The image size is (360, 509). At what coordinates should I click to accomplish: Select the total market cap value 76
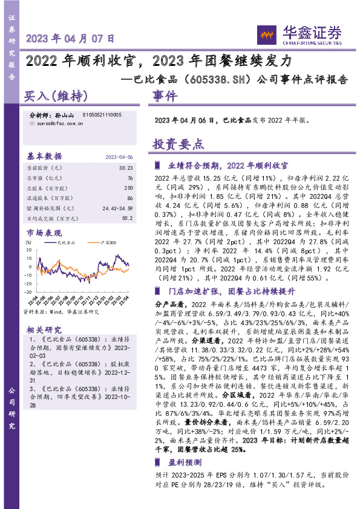coord(129,178)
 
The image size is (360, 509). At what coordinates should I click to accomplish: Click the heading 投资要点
coord(178,144)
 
